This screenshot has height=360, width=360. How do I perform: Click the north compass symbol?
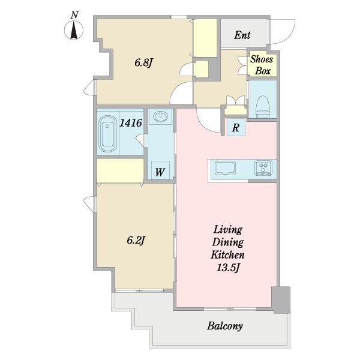tap(74, 29)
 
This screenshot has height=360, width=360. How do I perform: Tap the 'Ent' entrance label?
tap(242, 35)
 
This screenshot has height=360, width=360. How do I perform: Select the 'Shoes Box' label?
tap(262, 65)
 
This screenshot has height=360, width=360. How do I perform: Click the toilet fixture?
tap(263, 107)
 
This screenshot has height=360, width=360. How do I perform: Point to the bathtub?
tap(107, 134)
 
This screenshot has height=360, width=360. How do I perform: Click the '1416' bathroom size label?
tap(131, 123)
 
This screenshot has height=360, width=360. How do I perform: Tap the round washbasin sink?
tap(160, 116)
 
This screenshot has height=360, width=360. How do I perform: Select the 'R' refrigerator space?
tap(236, 127)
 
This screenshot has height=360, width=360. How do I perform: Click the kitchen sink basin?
tap(225, 168)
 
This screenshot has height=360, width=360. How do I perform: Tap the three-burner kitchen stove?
tap(263, 168)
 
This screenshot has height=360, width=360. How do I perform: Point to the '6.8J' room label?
tap(144, 62)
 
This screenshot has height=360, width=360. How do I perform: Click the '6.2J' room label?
tap(136, 241)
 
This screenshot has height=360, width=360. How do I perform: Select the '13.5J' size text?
tap(228, 268)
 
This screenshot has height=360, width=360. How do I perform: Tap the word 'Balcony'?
tap(225, 326)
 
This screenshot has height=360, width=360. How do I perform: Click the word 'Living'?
tap(228, 230)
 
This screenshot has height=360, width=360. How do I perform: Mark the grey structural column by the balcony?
tap(281, 299)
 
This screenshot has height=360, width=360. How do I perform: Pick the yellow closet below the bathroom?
tap(120, 170)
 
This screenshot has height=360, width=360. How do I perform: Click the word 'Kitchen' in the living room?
tap(227, 255)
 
